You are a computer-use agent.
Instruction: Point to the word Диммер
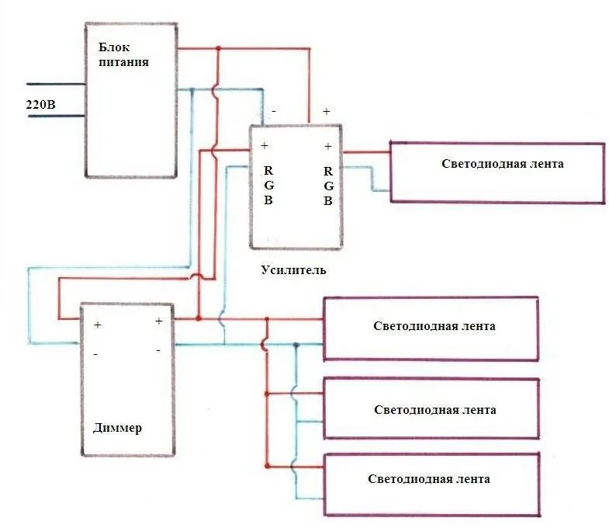tap(117, 428)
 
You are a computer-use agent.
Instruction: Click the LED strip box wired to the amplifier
tap(497, 172)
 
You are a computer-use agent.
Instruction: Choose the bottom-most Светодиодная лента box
tap(431, 485)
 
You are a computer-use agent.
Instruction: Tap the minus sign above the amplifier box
tap(275, 112)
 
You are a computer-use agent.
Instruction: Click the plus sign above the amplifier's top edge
tap(327, 112)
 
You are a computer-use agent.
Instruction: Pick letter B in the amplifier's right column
tap(328, 200)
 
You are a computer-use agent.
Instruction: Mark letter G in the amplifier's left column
tap(268, 185)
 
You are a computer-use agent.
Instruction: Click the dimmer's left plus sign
tap(98, 325)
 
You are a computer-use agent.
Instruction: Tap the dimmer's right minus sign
tap(158, 350)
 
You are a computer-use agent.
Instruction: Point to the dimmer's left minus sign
tap(96, 353)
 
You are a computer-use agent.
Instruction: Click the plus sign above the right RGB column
tap(328, 146)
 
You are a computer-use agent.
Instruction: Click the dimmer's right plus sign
tap(158, 321)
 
